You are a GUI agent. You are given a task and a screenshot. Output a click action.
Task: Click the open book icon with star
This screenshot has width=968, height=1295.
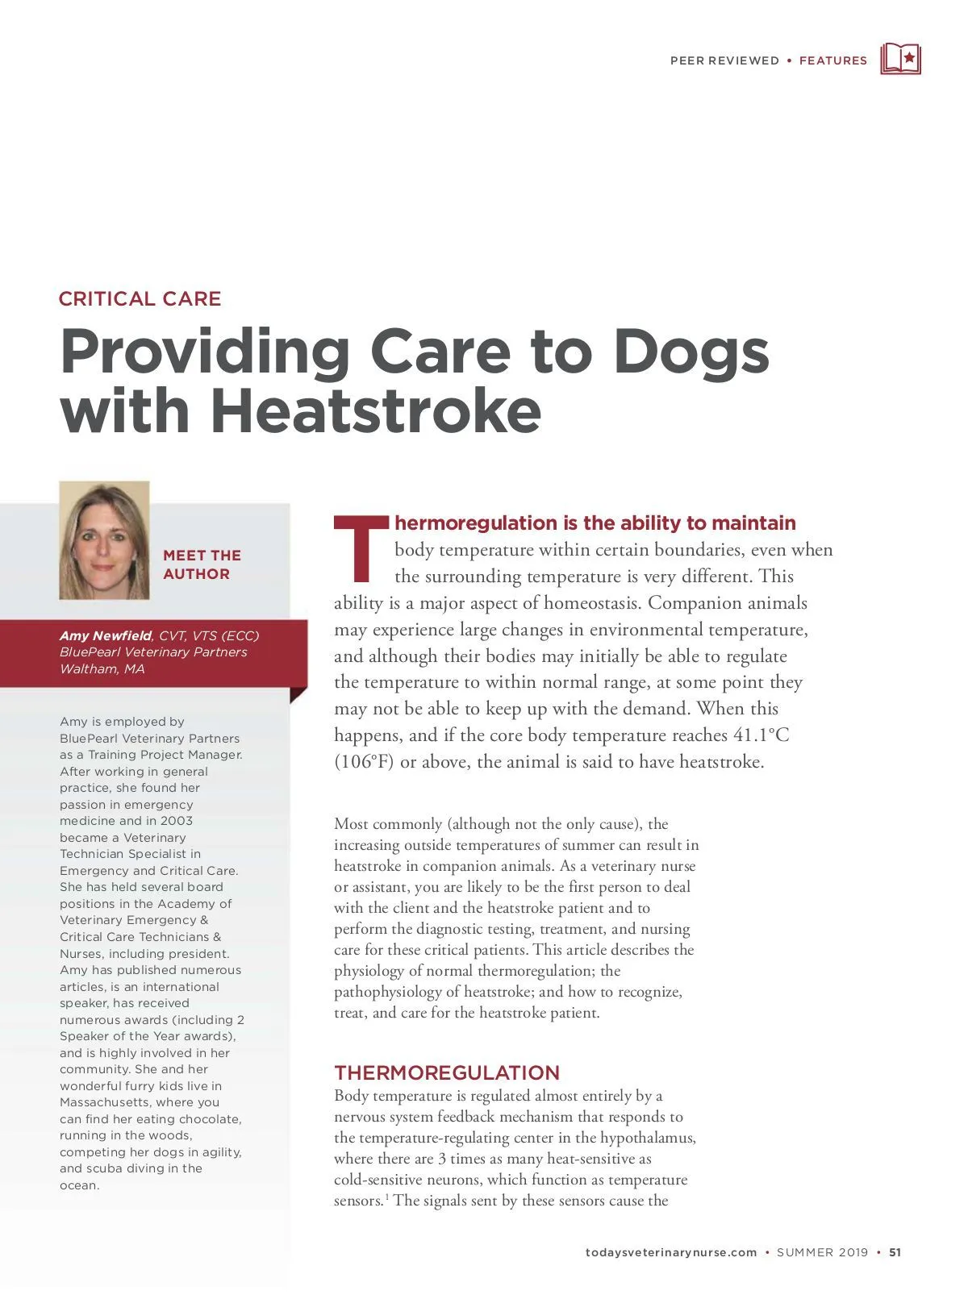900,59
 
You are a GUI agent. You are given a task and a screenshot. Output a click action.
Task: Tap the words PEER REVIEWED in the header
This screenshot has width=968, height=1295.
724,60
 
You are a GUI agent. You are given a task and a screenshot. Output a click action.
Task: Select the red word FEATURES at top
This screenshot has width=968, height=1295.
832,60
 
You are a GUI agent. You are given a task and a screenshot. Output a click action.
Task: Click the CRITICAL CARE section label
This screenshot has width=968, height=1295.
140,298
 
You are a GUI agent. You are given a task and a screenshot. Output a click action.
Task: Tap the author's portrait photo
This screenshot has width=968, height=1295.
104,540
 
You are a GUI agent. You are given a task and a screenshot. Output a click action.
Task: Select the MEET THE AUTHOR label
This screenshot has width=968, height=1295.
202,564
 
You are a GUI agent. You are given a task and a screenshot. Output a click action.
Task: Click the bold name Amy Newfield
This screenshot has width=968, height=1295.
105,635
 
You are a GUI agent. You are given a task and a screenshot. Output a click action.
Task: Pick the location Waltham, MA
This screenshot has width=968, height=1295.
102,668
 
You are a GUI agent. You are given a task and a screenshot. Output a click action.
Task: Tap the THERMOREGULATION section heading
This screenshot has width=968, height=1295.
446,1072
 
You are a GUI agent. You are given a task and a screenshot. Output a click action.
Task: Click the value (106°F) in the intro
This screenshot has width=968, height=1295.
364,761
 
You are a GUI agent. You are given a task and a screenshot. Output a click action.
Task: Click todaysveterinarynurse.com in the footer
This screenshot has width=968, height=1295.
670,1252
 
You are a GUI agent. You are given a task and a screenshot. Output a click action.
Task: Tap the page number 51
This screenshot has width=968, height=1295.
895,1252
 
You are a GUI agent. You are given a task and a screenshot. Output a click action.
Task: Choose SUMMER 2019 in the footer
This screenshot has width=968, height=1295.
822,1252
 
